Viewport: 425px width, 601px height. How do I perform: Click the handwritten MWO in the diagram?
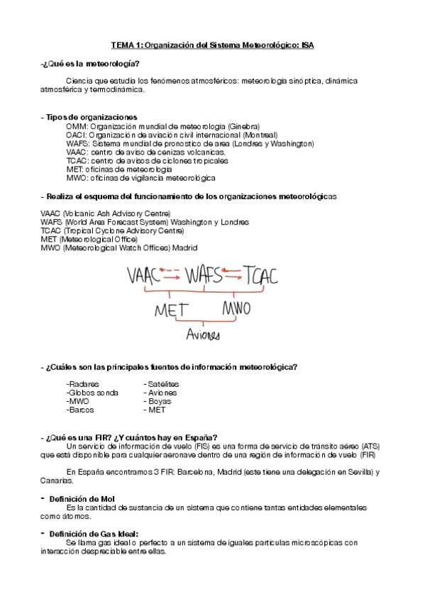point(238,310)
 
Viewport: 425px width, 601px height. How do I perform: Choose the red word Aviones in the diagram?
point(203,335)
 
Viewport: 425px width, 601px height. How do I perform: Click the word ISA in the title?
point(307,45)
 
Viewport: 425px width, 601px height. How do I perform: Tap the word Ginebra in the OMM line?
point(243,125)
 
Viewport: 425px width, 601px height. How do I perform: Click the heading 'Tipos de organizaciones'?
point(91,117)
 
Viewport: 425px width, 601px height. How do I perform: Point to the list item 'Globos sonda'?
point(93,392)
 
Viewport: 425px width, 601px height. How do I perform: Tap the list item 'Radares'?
point(82,383)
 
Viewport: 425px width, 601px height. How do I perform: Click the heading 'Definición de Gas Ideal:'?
point(94,534)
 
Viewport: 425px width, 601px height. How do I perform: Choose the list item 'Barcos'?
point(81,410)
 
